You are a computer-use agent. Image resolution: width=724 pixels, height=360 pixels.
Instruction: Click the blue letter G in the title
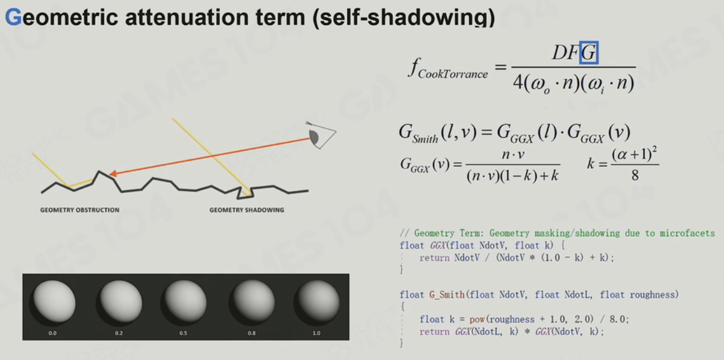[x=13, y=18]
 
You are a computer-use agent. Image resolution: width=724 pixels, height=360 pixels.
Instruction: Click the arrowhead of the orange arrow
[x=113, y=174]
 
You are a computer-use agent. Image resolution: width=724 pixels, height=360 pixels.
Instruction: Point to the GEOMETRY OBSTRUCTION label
[x=79, y=210]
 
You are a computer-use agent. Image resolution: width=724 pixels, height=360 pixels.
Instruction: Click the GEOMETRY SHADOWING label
[x=247, y=210]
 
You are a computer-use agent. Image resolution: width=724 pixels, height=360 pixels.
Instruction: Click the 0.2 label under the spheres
[x=119, y=333]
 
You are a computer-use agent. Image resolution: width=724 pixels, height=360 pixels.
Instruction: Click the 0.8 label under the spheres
[x=250, y=333]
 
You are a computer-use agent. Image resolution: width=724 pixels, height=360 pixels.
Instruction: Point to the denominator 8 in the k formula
[x=634, y=175]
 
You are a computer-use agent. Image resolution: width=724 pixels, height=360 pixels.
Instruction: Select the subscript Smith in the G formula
[x=425, y=138]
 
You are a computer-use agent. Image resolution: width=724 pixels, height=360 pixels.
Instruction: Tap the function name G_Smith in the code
[x=446, y=295]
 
